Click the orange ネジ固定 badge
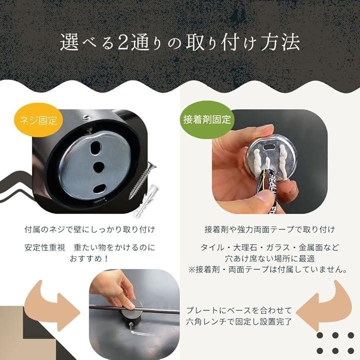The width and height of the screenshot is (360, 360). click(38, 120)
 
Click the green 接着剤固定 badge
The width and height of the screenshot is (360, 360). click(207, 119)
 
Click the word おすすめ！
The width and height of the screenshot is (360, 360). click(89, 259)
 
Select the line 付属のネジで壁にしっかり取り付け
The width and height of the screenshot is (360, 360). click(90, 229)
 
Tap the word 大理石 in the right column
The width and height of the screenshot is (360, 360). click(245, 247)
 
